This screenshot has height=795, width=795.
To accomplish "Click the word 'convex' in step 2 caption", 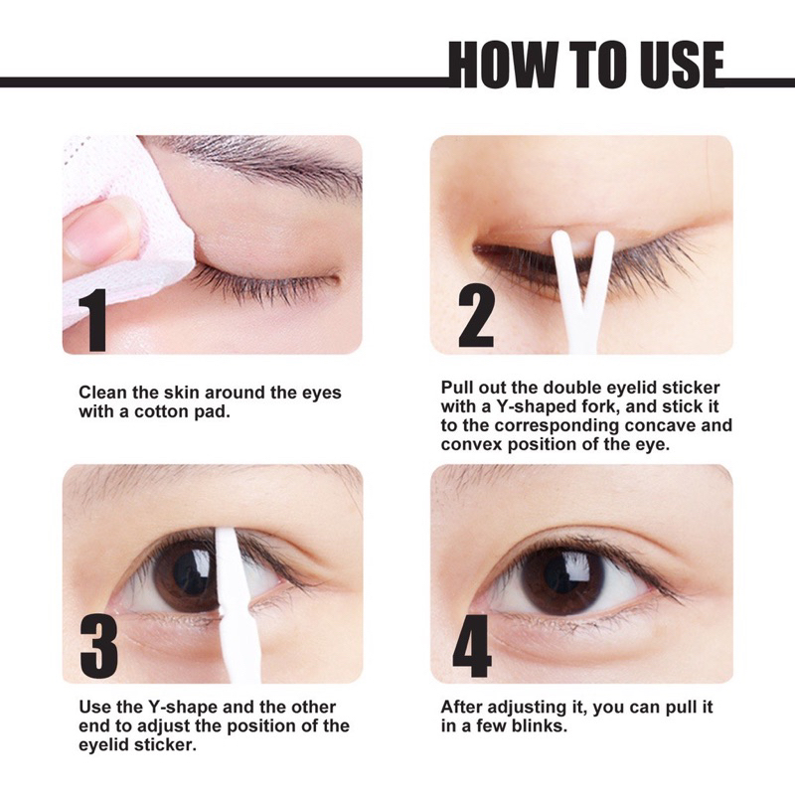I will point(471,444).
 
